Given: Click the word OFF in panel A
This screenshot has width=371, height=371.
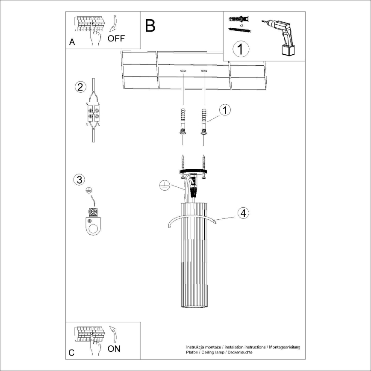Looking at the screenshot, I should (x=116, y=38).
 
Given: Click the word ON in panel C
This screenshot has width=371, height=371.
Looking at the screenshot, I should (x=114, y=349).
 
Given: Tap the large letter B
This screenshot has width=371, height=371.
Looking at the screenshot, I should (x=150, y=26).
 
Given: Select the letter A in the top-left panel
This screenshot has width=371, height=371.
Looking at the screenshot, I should (x=72, y=42).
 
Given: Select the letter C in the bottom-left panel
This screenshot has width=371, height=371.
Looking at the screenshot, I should (x=72, y=353).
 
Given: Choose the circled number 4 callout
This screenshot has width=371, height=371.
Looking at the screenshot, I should (x=242, y=213).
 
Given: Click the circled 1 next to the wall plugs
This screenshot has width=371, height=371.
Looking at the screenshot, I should (x=225, y=110).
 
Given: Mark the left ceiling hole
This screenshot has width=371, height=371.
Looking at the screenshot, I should (x=183, y=70).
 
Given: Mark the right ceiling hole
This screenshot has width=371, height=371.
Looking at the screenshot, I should (x=204, y=70).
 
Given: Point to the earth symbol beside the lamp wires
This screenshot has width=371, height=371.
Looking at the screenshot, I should (x=164, y=185).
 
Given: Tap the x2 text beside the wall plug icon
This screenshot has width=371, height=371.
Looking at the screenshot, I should (x=241, y=25).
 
